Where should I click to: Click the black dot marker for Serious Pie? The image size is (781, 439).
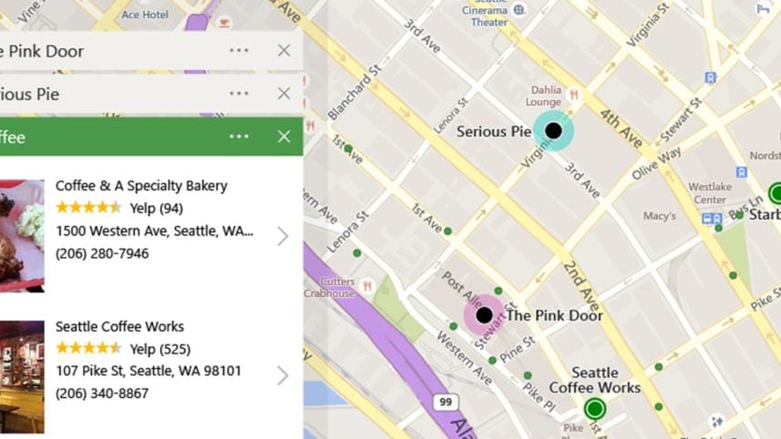click(x=553, y=130)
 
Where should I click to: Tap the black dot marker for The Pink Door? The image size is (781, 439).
click(x=484, y=315)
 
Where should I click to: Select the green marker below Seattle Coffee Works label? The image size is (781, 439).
click(x=595, y=408)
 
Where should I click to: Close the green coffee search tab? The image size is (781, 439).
click(x=283, y=137)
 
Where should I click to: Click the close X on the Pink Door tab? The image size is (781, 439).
click(x=283, y=51)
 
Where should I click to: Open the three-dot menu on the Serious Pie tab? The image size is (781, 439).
click(x=239, y=93)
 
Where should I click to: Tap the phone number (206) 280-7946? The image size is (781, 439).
click(x=102, y=253)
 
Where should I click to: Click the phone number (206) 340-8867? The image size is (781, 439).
click(x=102, y=393)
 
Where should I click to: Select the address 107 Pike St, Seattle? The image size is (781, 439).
click(x=149, y=371)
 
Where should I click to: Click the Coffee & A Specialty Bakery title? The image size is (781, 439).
click(x=141, y=186)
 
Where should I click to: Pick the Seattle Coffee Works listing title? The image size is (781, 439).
click(x=119, y=326)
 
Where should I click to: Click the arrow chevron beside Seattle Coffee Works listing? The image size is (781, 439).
click(x=283, y=375)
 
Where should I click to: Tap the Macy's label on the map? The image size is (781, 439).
click(x=660, y=216)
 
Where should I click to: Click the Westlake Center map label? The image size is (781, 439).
click(x=710, y=193)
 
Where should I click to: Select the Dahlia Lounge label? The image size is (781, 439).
click(x=547, y=96)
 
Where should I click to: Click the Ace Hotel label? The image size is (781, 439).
click(x=145, y=15)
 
